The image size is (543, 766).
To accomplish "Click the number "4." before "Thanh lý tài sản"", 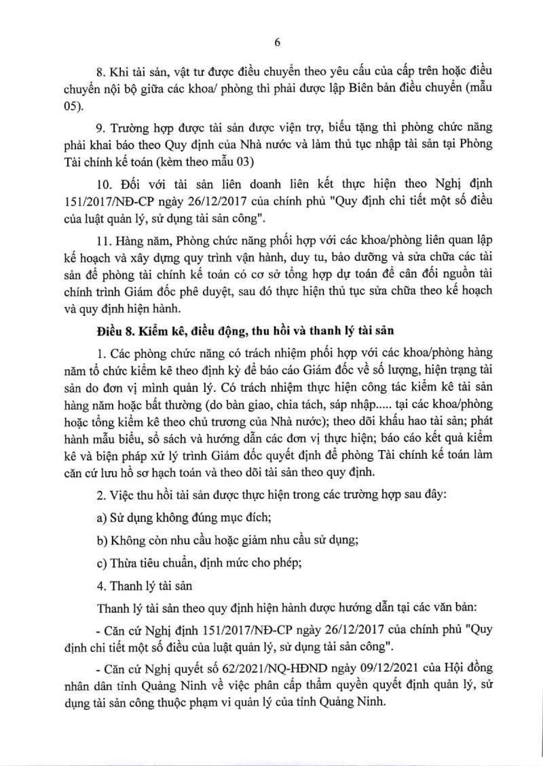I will pos(103,584).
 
